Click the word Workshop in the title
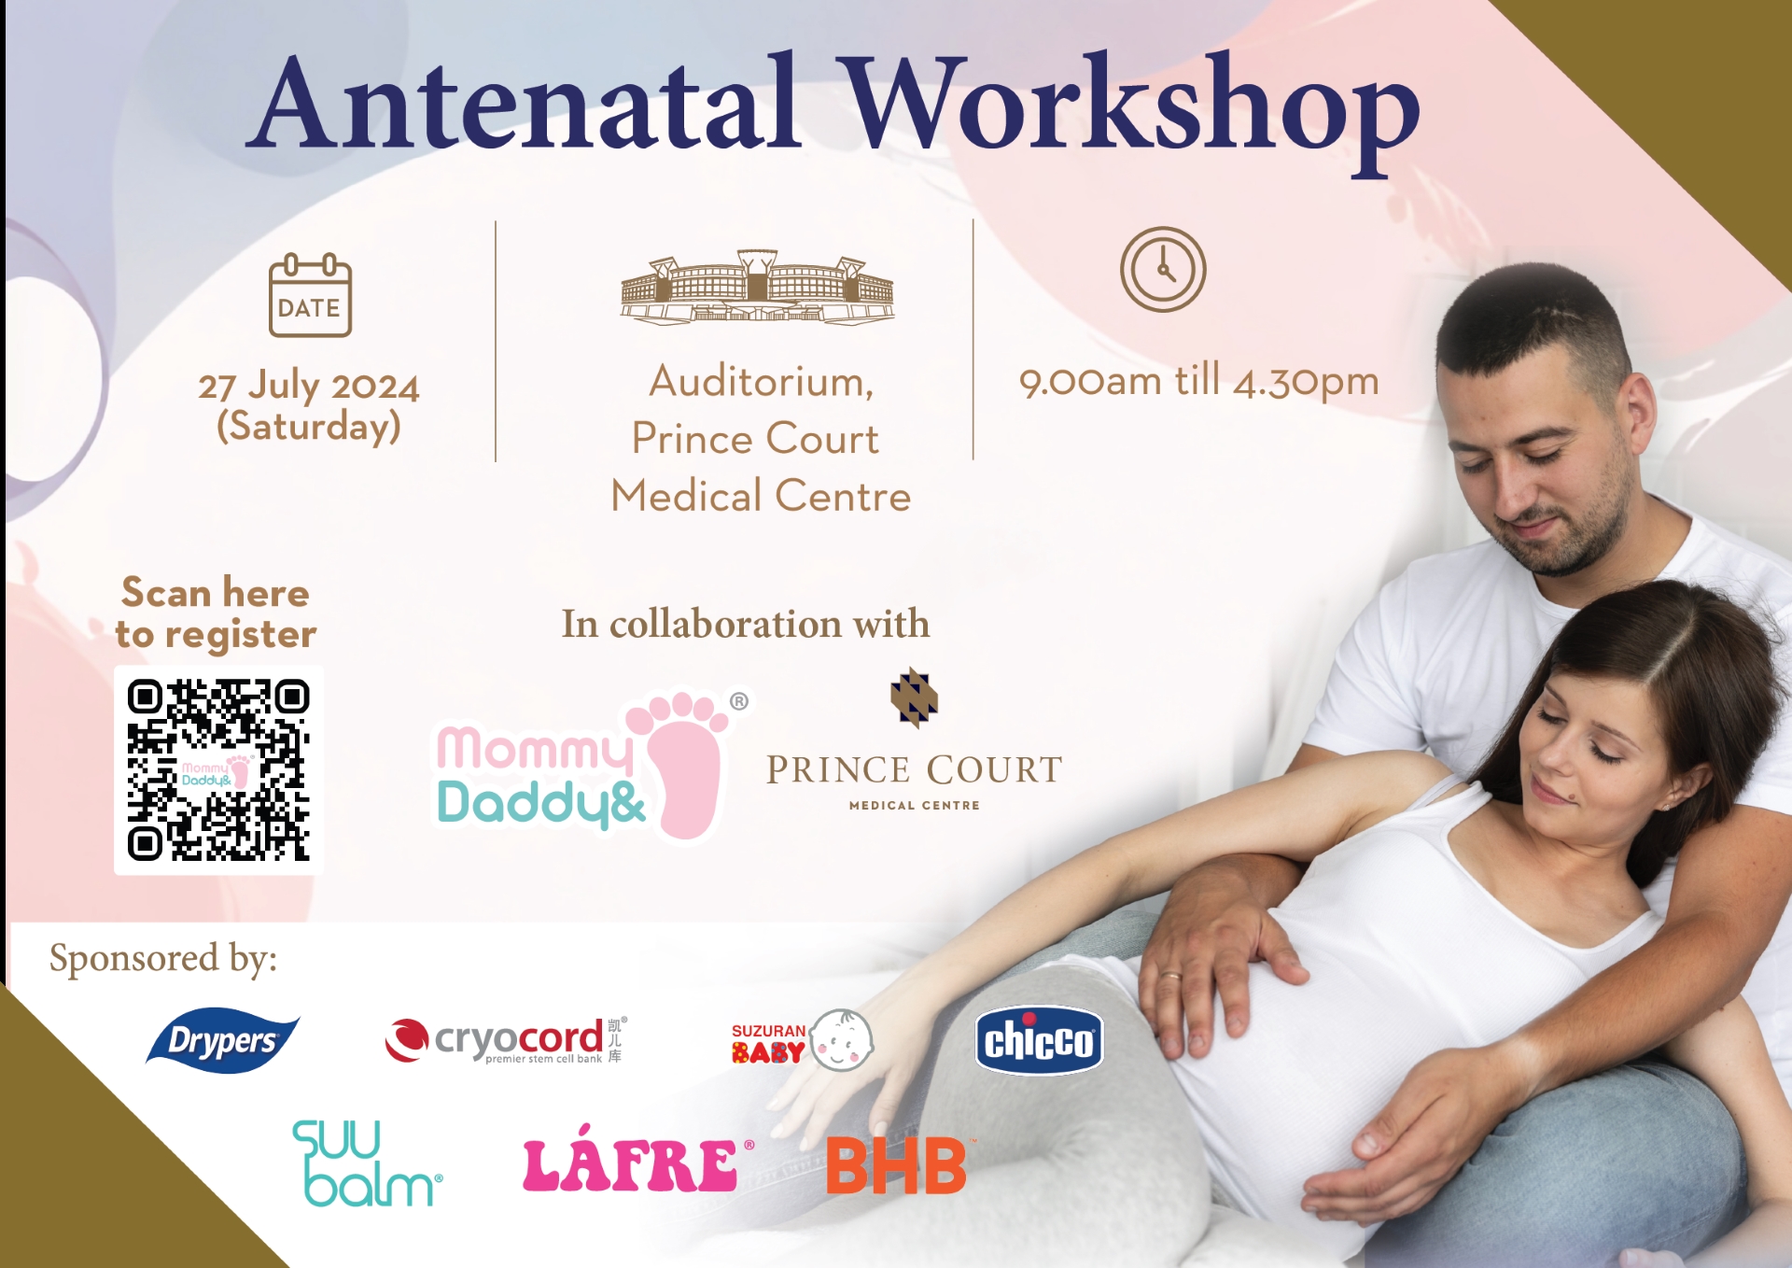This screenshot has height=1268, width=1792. point(1133,110)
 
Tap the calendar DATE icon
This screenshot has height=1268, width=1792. point(310,294)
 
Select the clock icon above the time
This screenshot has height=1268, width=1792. point(1163,269)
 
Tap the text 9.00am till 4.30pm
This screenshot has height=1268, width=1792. point(1198,381)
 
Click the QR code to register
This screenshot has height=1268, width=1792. point(218,769)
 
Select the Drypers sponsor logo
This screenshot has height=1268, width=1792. point(222,1039)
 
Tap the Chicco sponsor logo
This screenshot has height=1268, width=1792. point(1039,1040)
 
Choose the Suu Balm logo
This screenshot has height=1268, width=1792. point(367,1163)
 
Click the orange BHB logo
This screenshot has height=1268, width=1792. point(897,1165)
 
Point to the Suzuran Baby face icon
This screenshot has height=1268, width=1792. point(841,1039)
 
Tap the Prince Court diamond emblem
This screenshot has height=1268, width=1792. point(914,697)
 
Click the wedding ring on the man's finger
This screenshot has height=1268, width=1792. point(1170,977)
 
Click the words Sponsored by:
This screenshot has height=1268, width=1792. point(163,959)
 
